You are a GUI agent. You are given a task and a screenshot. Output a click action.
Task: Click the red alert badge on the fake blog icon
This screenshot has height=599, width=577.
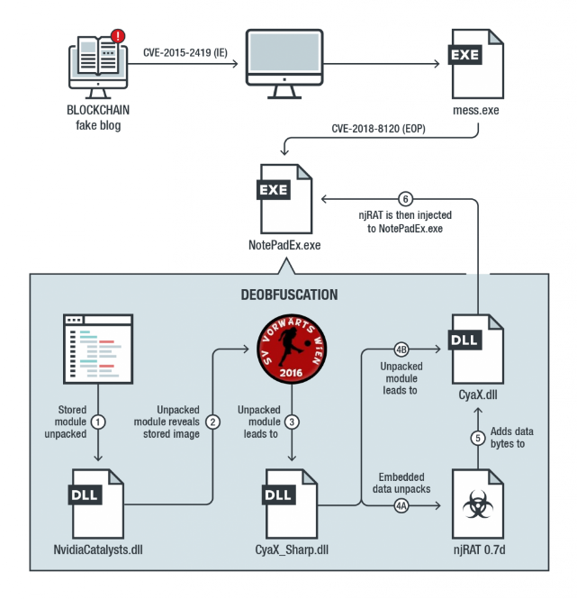(x=117, y=37)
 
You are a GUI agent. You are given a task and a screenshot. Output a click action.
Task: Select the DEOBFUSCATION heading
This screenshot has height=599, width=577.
(x=288, y=295)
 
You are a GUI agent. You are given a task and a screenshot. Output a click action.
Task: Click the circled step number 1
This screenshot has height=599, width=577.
(x=99, y=421)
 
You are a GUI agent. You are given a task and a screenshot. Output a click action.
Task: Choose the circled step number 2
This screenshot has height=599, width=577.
(x=212, y=421)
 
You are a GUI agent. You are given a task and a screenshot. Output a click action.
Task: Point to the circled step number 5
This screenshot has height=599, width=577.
(x=477, y=439)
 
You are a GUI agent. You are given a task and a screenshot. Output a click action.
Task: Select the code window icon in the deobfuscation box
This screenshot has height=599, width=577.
(x=98, y=350)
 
